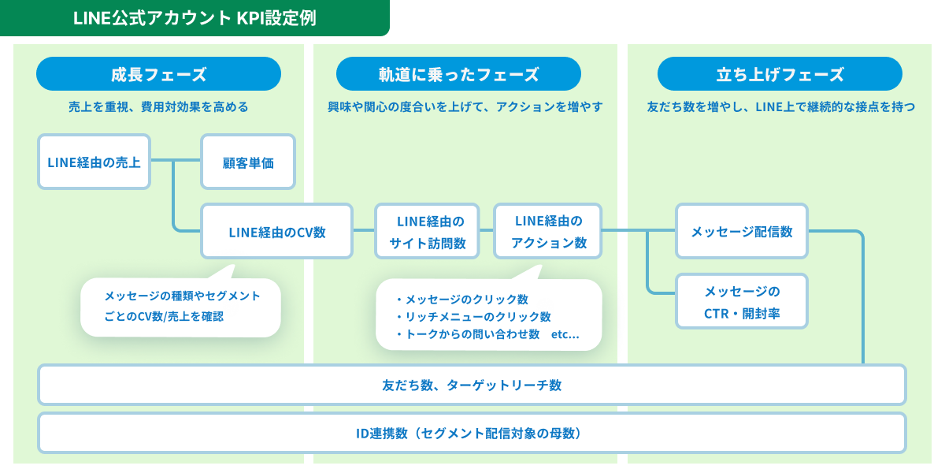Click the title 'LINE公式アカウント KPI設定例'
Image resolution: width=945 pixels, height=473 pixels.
point(195,17)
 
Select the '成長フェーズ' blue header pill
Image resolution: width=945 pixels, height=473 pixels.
point(158,74)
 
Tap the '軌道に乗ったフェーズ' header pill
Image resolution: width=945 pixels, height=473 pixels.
point(458,74)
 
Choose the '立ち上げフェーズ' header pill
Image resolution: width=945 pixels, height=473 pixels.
point(780,74)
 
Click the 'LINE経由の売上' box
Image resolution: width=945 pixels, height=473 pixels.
point(94,162)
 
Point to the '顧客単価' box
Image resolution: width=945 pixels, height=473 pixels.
point(248,162)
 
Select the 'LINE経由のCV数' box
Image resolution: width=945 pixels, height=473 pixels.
point(276,232)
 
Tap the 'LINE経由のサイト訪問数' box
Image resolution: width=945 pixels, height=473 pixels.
point(428,232)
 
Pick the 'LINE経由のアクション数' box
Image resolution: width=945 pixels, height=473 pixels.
point(548,232)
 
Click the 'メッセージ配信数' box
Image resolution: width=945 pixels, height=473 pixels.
point(741,231)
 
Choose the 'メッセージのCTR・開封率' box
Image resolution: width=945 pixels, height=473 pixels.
point(741,302)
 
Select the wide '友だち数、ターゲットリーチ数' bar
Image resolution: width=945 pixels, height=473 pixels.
point(472,385)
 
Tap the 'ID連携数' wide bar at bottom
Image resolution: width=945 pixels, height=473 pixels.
point(472,433)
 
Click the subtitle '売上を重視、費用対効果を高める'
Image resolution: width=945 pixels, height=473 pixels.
point(158,106)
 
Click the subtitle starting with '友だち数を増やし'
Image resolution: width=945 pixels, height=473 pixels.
point(780,106)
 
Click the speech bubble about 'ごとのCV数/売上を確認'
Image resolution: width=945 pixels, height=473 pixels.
point(180,307)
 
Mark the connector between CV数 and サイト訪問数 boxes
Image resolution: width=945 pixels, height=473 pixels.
point(363,231)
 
